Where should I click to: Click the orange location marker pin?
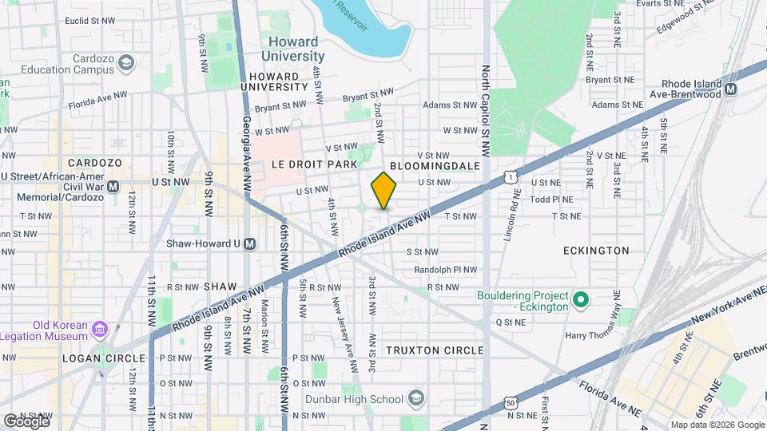click(x=384, y=191)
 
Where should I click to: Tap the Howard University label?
click(x=292, y=49)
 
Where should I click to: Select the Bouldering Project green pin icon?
click(x=582, y=301)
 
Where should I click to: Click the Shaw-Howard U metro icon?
click(x=249, y=243)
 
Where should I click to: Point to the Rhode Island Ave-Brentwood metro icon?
click(x=729, y=91)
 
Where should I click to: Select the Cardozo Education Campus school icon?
click(x=125, y=63)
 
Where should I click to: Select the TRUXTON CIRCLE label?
click(x=434, y=350)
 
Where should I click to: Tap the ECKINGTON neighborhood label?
click(x=596, y=250)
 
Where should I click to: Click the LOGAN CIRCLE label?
click(x=105, y=358)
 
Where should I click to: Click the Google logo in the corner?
click(x=26, y=421)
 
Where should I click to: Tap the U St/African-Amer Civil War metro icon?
click(x=113, y=186)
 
